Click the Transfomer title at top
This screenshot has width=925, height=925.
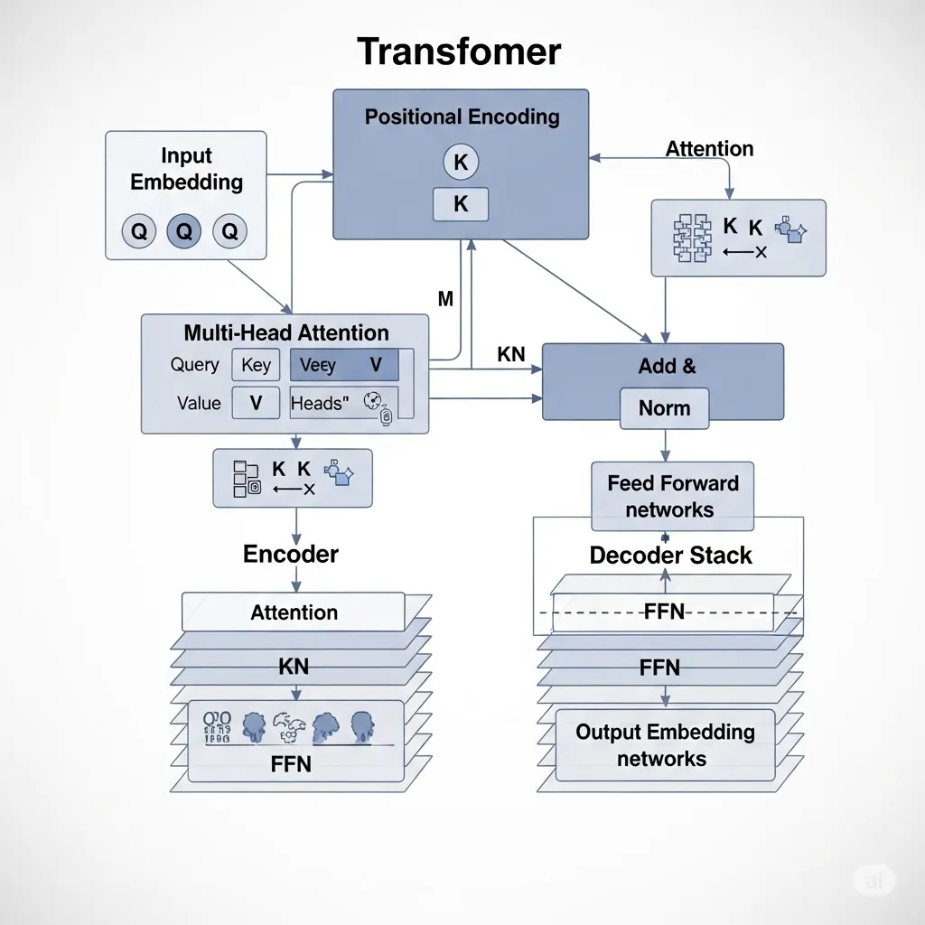pos(459,51)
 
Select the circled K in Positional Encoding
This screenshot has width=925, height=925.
pos(461,163)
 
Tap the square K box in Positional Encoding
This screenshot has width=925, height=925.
pos(461,205)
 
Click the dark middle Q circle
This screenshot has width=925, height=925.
pos(184,232)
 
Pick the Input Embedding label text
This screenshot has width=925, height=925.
pos(186,169)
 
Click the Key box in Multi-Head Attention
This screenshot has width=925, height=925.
pos(256,365)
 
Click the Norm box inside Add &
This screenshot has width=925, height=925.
pos(665,408)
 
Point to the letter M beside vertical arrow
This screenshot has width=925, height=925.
pos(445,299)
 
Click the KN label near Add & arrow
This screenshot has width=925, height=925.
pos(511,355)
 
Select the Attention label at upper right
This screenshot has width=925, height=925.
pos(709,149)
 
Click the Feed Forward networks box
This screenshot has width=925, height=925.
pos(672,496)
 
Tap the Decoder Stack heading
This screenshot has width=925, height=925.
pos(670,555)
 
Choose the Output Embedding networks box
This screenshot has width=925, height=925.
pos(665,744)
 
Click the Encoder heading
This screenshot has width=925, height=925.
pos(291,554)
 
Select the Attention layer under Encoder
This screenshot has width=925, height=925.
pos(294,612)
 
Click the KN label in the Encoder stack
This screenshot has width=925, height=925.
pos(294,667)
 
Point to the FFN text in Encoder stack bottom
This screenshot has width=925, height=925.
pos(291,764)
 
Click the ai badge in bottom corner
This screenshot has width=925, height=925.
pos(874,880)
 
